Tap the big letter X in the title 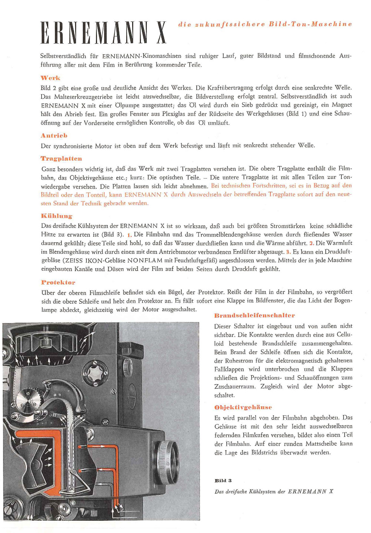(160, 33)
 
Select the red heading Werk (50, 78)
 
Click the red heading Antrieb (54, 136)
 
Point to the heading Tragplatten (61, 159)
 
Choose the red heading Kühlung (56, 216)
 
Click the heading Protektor (58, 282)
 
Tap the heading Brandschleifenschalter (255, 316)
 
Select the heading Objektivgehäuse (243, 407)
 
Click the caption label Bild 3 (223, 481)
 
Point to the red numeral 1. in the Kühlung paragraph (129, 235)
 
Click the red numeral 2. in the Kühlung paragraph (312, 243)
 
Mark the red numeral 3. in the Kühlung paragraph (288, 252)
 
